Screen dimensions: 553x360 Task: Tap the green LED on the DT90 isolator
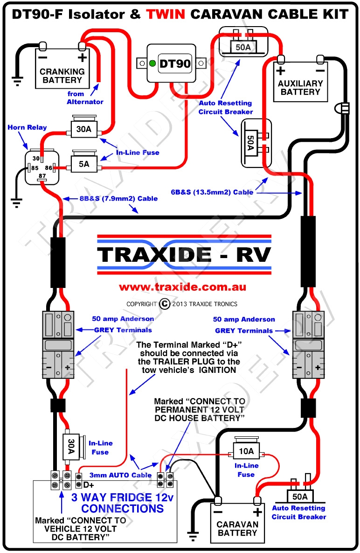[x=152, y=63]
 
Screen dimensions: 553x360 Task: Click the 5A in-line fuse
[x=83, y=164]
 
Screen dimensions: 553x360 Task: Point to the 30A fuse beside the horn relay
[x=83, y=129]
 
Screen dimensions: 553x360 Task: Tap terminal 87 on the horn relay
[x=42, y=175]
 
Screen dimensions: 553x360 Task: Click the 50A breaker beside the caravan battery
[x=299, y=496]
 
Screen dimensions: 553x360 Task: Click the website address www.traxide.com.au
[x=182, y=287]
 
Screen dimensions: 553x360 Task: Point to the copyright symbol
[x=165, y=304]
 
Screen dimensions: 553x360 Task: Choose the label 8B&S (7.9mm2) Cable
[x=118, y=198]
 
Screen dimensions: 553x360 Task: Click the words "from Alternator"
[x=85, y=98]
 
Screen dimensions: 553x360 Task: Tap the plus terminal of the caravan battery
[x=256, y=500]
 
